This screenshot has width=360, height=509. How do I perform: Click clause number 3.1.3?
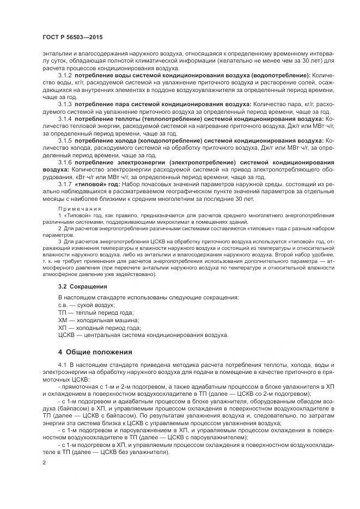pyautogui.click(x=65, y=103)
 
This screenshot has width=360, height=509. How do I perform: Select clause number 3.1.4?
pyautogui.click(x=65, y=118)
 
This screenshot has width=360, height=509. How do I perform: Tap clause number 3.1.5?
pyautogui.click(x=65, y=140)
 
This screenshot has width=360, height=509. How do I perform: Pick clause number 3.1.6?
pyautogui.click(x=65, y=162)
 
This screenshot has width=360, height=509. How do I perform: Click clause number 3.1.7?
pyautogui.click(x=65, y=185)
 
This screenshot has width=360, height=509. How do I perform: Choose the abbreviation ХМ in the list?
pyautogui.click(x=63, y=321)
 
